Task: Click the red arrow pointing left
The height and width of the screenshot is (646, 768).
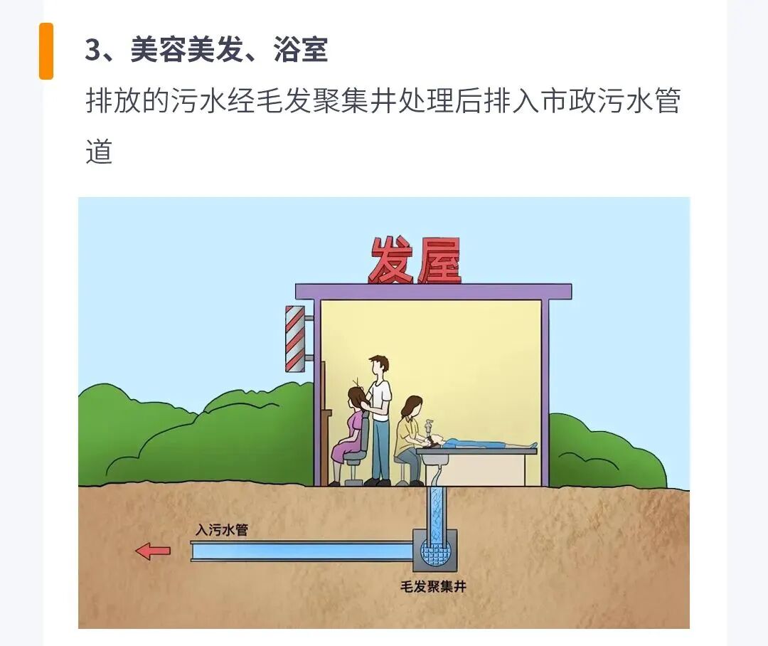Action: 153,551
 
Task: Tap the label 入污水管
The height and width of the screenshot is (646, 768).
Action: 222,530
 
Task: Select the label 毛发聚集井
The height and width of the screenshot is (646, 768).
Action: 434,587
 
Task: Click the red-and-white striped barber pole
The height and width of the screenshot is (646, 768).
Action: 294,339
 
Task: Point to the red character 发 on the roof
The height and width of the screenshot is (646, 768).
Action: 390,261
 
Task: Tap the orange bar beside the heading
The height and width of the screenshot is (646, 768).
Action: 46,51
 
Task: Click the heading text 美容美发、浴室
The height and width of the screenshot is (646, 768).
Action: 229,51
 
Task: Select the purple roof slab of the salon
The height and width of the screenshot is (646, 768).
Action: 434,291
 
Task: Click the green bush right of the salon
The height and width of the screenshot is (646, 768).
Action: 604,455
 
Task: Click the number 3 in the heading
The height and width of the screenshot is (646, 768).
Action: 93,51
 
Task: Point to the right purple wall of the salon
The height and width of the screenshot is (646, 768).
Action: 545,391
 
